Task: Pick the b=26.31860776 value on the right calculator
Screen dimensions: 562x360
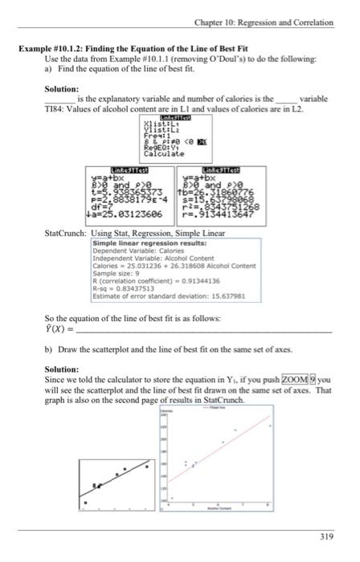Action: pos(220,186)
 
